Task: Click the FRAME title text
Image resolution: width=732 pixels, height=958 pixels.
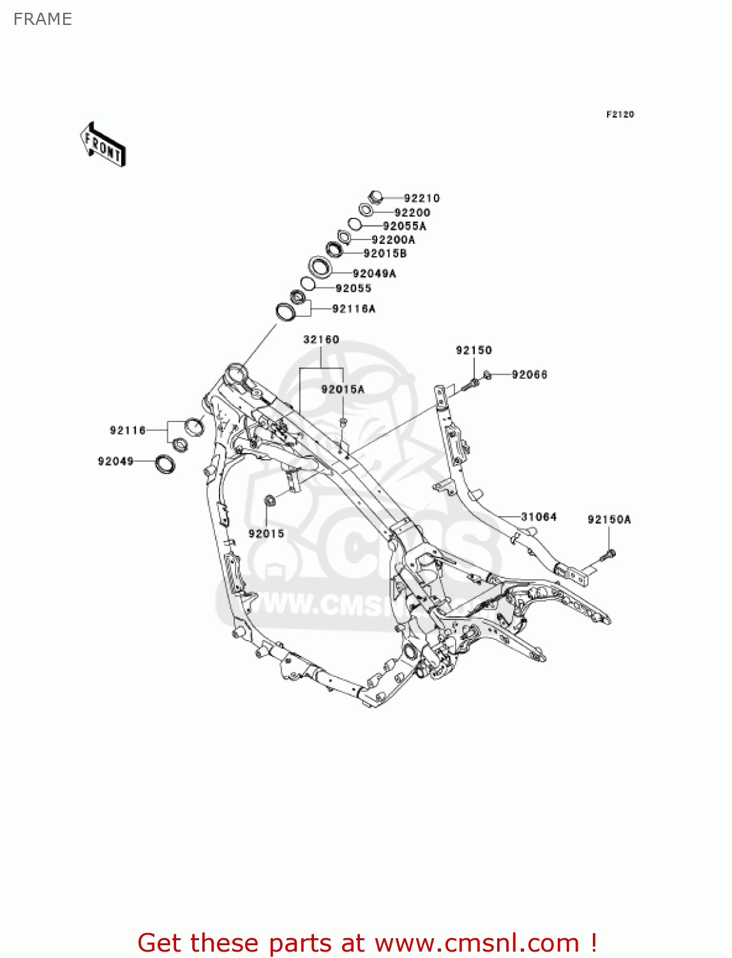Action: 43,19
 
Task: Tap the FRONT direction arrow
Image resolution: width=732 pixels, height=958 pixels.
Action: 103,144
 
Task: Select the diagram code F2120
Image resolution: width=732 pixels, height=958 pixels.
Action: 620,114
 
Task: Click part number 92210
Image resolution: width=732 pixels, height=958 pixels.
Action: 421,199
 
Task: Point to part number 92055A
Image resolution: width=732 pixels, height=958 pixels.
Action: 404,226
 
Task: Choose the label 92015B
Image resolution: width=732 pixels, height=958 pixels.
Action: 385,254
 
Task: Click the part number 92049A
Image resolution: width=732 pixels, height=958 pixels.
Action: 374,273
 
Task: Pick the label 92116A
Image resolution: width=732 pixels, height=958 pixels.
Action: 354,309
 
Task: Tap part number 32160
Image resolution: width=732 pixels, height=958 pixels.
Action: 321,339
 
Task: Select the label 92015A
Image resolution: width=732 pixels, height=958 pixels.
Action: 343,389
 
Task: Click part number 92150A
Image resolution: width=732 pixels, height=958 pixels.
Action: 609,520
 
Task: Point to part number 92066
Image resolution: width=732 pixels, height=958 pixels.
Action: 529,375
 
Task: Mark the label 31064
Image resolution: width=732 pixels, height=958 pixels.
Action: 539,517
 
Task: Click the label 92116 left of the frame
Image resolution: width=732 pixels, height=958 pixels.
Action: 128,430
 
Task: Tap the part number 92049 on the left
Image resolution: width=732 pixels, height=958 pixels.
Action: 116,461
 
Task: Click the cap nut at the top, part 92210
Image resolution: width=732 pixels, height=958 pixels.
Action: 375,197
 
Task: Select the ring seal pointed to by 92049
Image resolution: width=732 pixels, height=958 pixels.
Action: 165,464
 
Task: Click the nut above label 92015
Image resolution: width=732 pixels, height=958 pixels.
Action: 269,500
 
